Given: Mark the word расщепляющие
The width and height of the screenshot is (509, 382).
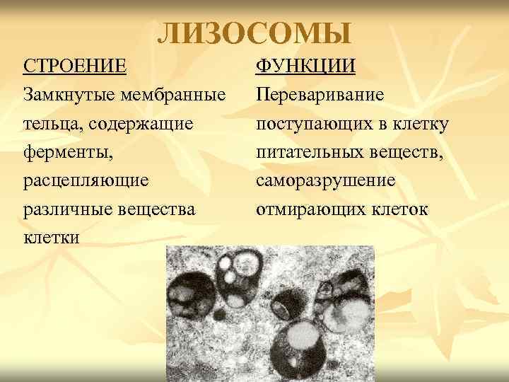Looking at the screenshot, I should tap(86, 181).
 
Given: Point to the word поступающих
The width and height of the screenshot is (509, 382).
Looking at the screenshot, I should tap(312, 124).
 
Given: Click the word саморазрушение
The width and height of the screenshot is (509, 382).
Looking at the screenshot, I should tap(326, 181).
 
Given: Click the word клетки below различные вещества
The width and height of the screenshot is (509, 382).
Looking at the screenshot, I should tap(52, 238).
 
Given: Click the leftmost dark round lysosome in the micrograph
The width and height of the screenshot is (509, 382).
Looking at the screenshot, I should tap(189, 296).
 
